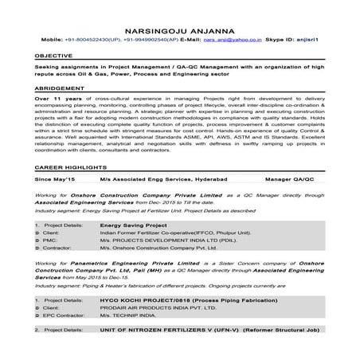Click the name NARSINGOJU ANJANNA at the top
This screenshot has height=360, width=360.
(x=180, y=25)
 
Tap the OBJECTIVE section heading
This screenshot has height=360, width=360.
(x=52, y=56)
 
